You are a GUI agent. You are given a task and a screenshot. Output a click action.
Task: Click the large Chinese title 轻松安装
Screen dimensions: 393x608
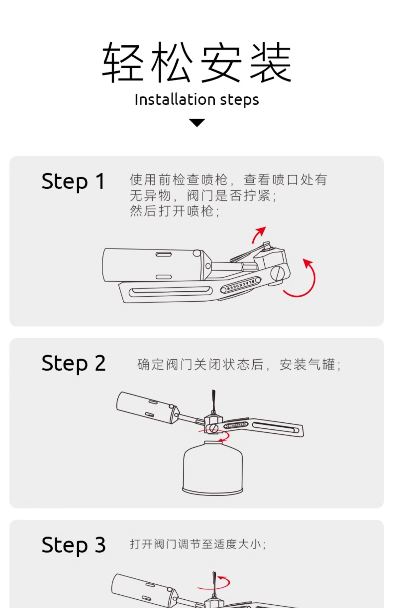tap(196, 62)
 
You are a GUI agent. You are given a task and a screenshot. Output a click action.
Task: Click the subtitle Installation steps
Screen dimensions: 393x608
tap(197, 100)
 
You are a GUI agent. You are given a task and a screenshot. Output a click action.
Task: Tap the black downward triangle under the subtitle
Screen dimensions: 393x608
tap(197, 123)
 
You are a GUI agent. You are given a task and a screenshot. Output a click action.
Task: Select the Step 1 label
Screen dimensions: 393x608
tap(73, 181)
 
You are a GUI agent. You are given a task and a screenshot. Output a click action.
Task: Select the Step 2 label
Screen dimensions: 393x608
tap(74, 363)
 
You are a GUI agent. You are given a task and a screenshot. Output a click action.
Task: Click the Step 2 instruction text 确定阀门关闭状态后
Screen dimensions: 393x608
tap(200, 364)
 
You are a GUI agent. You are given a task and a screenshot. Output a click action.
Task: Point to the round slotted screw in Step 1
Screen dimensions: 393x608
tap(277, 274)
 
